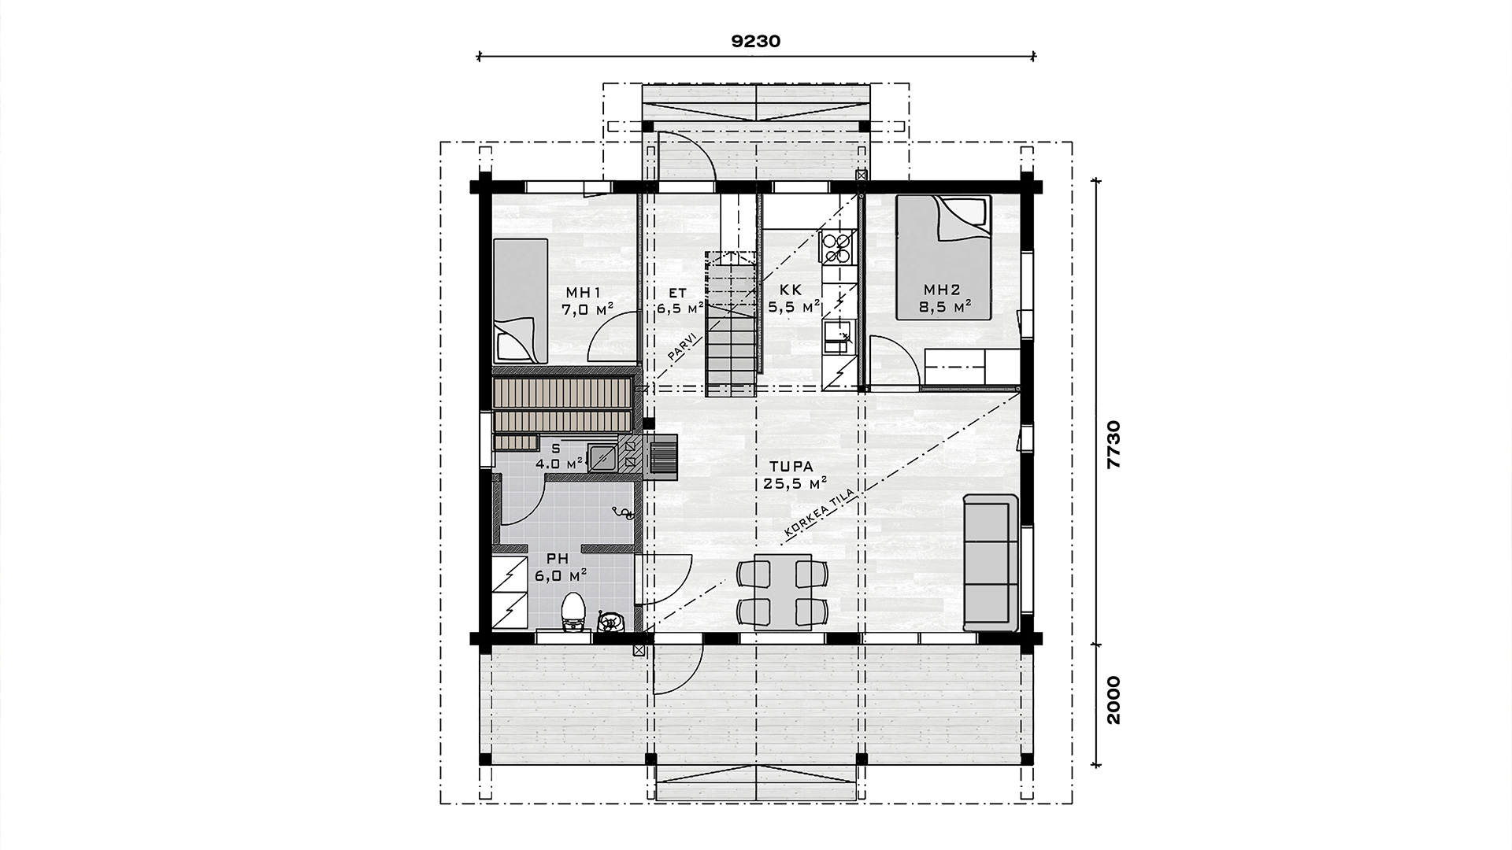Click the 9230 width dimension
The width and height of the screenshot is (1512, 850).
(756, 42)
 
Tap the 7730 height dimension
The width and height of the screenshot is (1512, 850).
(1113, 445)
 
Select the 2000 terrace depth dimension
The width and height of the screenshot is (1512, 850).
(1113, 700)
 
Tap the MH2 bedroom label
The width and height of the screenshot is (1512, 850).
(943, 289)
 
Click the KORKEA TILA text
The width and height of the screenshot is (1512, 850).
(819, 515)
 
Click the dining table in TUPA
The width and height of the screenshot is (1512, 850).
(783, 589)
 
